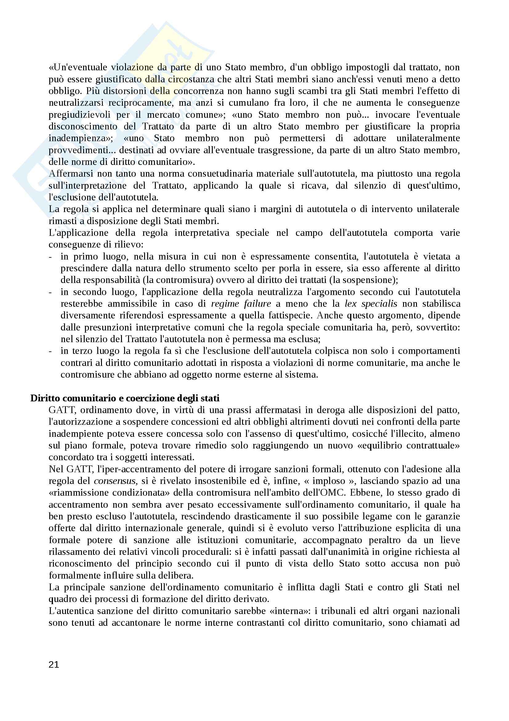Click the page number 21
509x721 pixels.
tap(54, 665)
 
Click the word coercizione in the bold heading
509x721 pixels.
tap(147, 398)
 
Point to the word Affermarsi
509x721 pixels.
tap(71, 174)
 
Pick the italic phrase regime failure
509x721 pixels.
tap(241, 304)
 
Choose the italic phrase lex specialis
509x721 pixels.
tap(371, 304)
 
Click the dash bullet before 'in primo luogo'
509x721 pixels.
tap(50, 256)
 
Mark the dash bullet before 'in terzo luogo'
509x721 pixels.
tap(50, 351)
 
